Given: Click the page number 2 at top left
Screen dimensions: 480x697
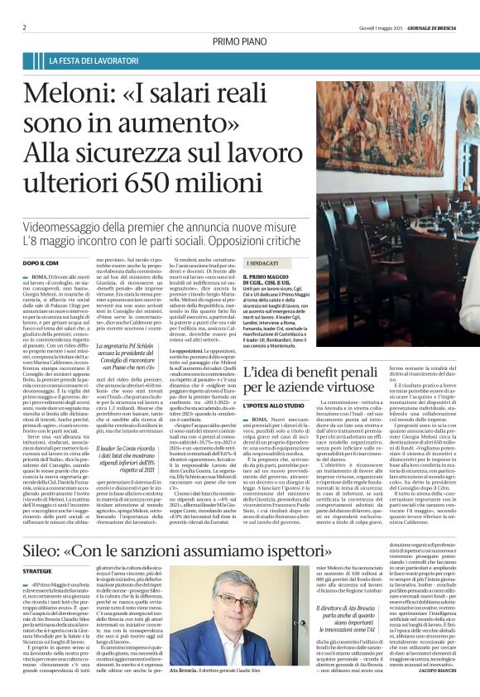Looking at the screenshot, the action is (24, 26).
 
